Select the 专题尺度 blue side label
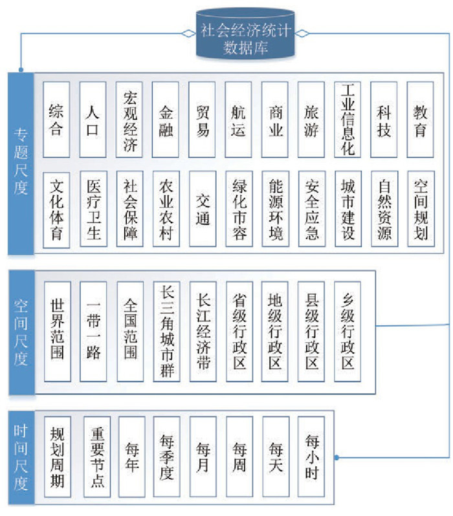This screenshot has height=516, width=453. click(21, 162)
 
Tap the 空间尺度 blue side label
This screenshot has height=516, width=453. click(21, 332)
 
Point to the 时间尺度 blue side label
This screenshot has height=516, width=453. click(21, 457)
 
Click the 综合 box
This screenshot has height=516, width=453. click(56, 120)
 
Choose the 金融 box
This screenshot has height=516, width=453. click(166, 120)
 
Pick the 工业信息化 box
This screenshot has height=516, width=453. click(348, 120)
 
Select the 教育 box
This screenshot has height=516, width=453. click(421, 120)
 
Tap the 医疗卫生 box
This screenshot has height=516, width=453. click(93, 208)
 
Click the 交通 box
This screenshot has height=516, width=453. click(203, 208)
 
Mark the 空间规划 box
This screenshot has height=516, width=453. click(421, 208)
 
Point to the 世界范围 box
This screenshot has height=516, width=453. click(56, 331)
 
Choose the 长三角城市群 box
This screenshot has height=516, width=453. click(166, 331)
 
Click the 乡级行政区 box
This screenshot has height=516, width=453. click(348, 331)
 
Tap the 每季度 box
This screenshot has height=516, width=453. click(166, 457)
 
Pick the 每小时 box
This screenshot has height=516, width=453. click(311, 457)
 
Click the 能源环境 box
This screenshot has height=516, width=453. click(275, 208)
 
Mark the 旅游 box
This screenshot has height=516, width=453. click(311, 120)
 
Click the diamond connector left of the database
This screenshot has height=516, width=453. click(188, 32)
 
